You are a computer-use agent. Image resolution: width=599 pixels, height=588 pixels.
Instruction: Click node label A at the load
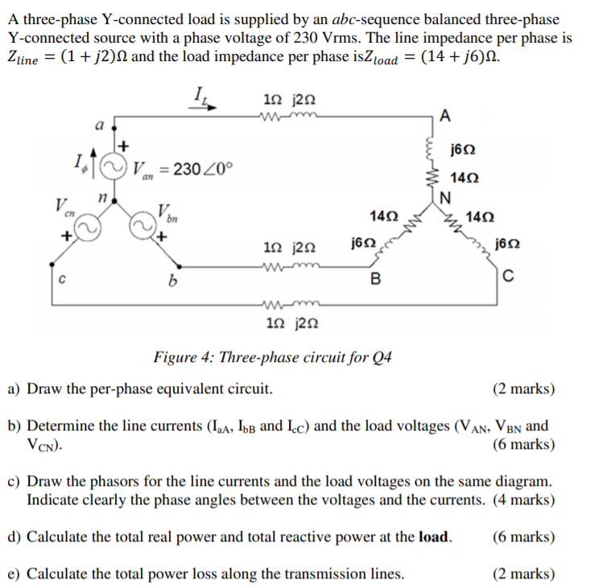[x=446, y=114]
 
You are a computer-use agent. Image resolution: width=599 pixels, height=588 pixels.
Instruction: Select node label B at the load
[x=374, y=279]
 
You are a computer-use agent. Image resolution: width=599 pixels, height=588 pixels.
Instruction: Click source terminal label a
[x=100, y=125]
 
